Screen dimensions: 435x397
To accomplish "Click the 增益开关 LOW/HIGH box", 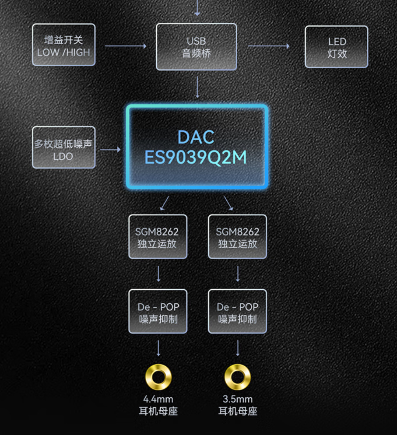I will point(63,45).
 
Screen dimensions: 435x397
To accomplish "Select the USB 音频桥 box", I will point(197,47).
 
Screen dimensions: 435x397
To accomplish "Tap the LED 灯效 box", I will point(337,47).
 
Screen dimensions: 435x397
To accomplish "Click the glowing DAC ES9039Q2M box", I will point(197,147).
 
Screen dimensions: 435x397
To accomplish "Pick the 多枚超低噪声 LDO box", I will point(63,147).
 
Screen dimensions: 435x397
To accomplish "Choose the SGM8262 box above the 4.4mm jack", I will point(158,237).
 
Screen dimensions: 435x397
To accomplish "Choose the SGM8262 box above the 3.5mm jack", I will point(237,237).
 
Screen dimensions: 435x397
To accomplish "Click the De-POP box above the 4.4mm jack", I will point(158,312).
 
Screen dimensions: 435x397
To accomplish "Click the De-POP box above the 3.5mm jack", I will point(237,312).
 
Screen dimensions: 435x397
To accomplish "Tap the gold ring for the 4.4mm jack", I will point(158,377).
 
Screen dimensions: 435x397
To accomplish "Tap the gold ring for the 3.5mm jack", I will point(237,377).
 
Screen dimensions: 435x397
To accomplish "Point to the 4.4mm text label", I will point(158,400).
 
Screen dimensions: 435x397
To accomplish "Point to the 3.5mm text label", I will point(237,400).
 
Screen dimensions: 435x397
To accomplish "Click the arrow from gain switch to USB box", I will point(126,46).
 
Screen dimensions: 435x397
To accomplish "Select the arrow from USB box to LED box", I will point(269,46).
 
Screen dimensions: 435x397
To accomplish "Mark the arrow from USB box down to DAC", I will point(197,87).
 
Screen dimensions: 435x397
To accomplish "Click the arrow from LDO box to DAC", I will point(110,150).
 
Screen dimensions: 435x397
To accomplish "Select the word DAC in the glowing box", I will point(196,137).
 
